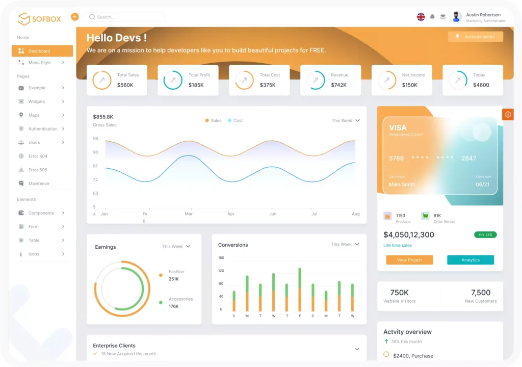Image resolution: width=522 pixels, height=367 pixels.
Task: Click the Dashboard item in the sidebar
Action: [42, 51]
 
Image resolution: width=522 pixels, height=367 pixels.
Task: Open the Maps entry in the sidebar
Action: [34, 115]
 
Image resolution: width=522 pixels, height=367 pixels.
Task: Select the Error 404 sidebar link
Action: [38, 156]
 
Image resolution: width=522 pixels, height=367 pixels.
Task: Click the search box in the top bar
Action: [126, 17]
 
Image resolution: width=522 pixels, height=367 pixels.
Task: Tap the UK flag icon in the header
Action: [421, 17]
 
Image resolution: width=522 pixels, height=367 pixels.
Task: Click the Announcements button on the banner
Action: [476, 37]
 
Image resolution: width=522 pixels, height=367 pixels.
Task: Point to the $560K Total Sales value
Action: [125, 85]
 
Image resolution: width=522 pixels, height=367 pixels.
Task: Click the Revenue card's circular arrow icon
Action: [316, 80]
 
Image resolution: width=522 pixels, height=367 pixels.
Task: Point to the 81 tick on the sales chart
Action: [95, 166]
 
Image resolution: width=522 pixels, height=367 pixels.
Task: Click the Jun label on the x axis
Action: [273, 214]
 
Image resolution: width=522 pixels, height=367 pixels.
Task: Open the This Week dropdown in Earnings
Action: [176, 247]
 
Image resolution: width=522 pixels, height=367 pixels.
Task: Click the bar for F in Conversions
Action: [300, 290]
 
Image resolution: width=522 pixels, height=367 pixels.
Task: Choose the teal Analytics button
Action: [471, 260]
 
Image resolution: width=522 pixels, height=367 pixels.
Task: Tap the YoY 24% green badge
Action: [485, 235]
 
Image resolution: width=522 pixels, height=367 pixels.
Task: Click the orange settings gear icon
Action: [508, 115]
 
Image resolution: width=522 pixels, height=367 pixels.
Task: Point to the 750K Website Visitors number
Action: [399, 293]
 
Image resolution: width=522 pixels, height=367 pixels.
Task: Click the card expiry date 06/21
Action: [482, 185]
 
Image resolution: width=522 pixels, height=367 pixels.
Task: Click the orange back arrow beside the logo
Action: [75, 17]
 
